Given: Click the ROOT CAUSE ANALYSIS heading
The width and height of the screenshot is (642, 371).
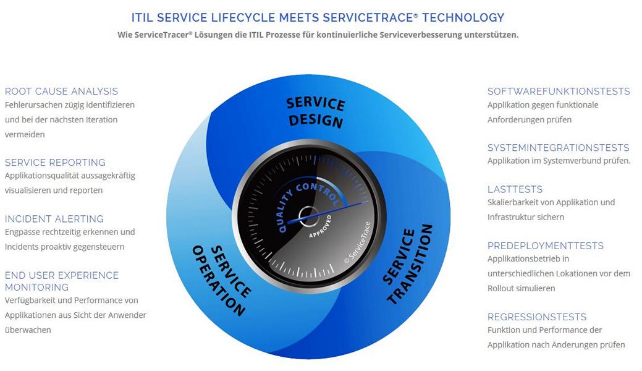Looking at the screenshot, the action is [x=61, y=91].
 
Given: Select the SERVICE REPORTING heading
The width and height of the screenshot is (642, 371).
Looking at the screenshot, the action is [x=55, y=163].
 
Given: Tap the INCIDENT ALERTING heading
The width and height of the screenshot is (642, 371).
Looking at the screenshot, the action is [x=54, y=219].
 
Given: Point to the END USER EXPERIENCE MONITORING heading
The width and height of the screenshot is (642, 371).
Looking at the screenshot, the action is [x=62, y=281].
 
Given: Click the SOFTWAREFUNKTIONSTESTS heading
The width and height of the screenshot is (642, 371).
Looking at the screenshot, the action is [x=559, y=91].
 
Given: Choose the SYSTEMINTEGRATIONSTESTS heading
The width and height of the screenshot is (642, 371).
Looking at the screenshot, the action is [x=558, y=148].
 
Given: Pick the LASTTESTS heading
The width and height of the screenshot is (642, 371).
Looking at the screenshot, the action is [x=515, y=189].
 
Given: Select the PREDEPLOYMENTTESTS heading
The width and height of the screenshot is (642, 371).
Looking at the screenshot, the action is [x=546, y=245].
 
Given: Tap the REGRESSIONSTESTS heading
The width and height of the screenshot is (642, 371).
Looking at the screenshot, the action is [x=537, y=317].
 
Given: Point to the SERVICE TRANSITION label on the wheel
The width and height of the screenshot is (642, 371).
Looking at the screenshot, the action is [x=407, y=265].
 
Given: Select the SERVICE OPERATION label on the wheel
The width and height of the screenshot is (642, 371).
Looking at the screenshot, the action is [x=221, y=280].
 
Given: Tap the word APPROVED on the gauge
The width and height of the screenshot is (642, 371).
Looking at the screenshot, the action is [x=320, y=226].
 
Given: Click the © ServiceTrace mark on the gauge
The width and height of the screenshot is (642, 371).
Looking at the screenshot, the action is [x=357, y=242].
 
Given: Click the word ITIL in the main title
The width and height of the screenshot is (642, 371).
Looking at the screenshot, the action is [x=143, y=18].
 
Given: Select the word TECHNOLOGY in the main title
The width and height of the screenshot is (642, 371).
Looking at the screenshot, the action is [x=463, y=18].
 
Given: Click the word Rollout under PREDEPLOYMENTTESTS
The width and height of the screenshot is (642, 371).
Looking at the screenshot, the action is [x=500, y=288].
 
